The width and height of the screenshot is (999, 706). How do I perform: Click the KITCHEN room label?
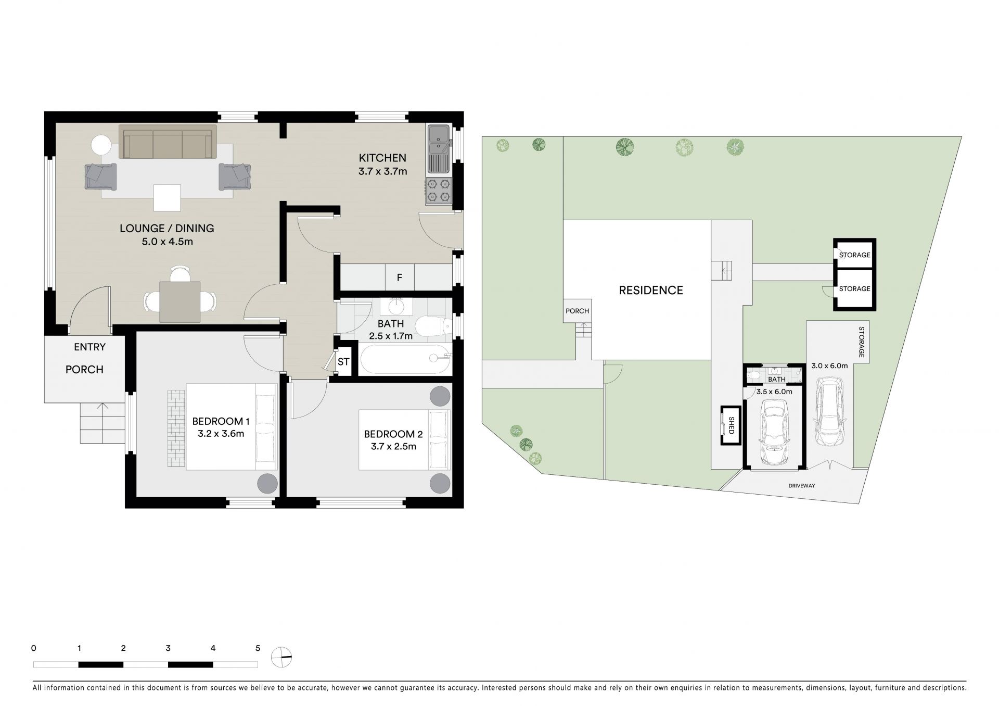click(382, 158)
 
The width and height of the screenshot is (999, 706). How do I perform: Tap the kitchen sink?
click(439, 149)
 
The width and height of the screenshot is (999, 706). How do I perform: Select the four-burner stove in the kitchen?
click(439, 191)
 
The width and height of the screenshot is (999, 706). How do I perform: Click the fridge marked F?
click(400, 278)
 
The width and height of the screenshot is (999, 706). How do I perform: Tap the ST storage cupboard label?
click(343, 361)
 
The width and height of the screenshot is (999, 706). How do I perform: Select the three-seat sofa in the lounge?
click(168, 141)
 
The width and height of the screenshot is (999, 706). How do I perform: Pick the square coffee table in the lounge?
click(167, 198)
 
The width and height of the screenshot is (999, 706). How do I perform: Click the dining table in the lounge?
click(180, 301)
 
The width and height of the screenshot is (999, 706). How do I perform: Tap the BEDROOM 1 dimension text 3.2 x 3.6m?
click(221, 433)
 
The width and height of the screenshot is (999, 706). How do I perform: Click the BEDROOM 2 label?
click(393, 434)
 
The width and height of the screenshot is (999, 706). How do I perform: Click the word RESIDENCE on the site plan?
click(651, 290)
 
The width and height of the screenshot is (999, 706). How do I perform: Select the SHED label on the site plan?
click(731, 425)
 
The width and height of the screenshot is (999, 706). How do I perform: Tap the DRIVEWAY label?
click(802, 486)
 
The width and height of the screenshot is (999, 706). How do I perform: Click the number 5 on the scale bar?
click(258, 648)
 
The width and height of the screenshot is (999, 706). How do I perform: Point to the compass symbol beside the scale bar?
click(281, 657)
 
